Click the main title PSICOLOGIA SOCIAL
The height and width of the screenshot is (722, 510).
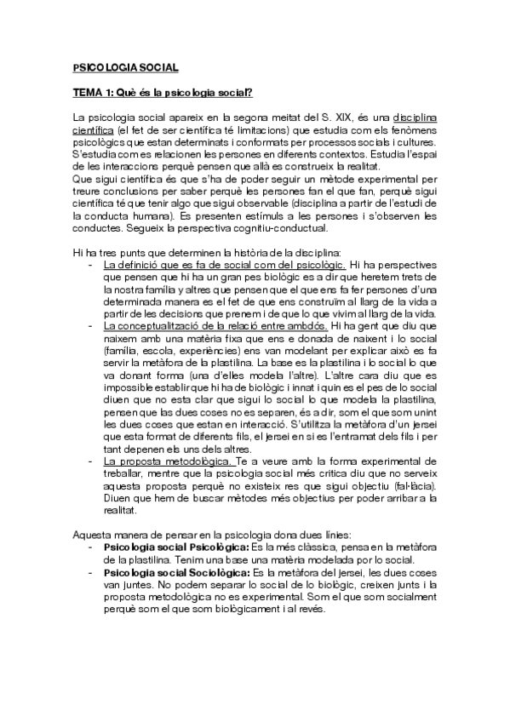coord(125,66)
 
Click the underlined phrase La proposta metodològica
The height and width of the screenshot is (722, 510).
coord(157,461)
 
